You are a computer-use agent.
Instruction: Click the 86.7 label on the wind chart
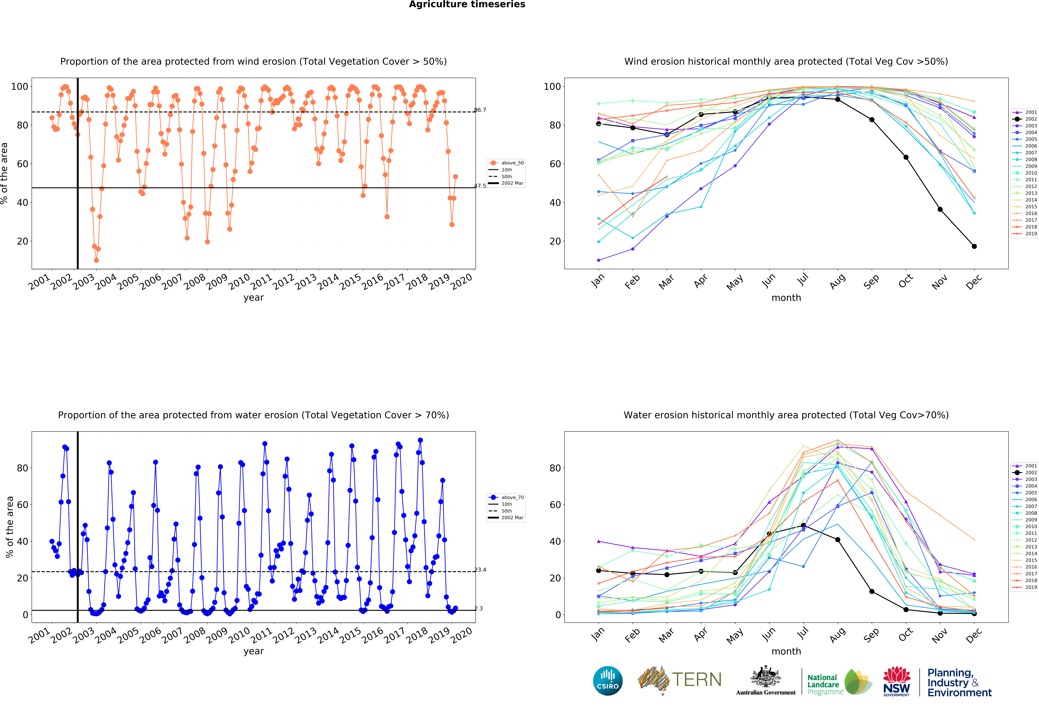pos(480,110)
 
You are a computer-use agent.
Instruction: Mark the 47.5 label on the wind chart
pos(480,186)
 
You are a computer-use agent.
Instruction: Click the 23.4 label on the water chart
pos(480,570)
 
